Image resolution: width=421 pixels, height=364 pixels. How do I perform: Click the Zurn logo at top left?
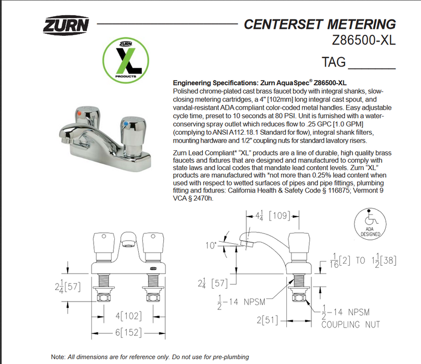pos(65,25)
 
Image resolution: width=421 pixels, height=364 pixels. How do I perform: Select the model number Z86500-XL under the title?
pos(363,40)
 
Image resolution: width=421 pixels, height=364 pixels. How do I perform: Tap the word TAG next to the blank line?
pos(334,62)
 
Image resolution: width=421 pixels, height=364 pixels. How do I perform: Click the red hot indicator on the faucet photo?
pos(78,112)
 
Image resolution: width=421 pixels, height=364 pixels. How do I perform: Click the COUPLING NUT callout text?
pos(351,324)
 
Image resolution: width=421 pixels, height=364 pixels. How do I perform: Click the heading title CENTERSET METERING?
pos(319,24)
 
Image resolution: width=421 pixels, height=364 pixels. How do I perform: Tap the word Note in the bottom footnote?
pos(58,357)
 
